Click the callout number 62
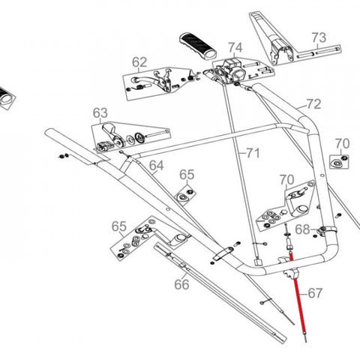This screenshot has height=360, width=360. click(x=139, y=62)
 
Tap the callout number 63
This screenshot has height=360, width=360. click(x=100, y=113)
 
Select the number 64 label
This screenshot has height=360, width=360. click(x=157, y=166)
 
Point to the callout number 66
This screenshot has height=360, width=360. click(x=181, y=284)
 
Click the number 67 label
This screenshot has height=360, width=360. click(x=315, y=293)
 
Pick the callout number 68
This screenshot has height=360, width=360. click(x=302, y=229)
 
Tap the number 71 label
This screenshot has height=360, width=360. click(x=253, y=153)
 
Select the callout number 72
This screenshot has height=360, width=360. click(x=313, y=104)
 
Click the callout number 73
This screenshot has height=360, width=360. click(x=319, y=37)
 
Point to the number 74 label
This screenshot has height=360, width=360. click(x=235, y=47)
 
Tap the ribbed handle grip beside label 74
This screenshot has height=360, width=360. click(x=198, y=46)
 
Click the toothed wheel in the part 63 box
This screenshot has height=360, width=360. click(x=138, y=138)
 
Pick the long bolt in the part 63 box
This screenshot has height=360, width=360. click(x=157, y=134)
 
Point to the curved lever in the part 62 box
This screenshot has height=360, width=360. click(x=145, y=81)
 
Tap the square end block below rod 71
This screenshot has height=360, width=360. click(x=258, y=262)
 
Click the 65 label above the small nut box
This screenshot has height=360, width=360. click(x=187, y=175)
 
